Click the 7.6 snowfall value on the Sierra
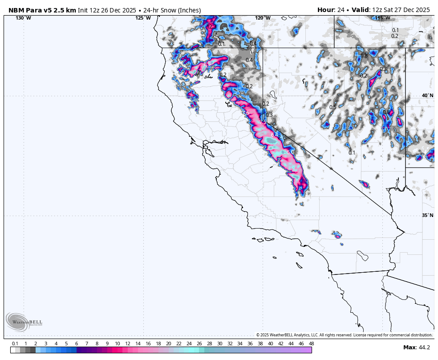(246, 113)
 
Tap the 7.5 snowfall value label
(263, 122)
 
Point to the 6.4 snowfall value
(275, 135)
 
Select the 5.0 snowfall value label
(290, 152)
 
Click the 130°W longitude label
(24, 18)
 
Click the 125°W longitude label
(143, 18)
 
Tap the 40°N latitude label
(427, 95)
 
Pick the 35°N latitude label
(427, 215)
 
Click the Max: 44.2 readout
(417, 347)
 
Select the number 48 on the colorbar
(311, 344)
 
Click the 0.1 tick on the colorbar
(15, 344)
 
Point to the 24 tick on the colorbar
(189, 344)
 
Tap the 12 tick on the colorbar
(127, 344)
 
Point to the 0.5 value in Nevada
(333, 107)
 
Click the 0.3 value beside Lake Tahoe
(269, 115)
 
